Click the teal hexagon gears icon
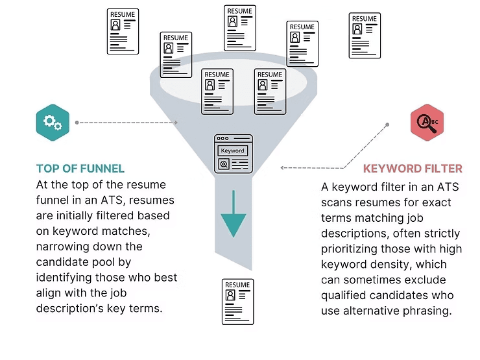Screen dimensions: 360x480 [53, 122]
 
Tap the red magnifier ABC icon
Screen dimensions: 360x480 [427, 122]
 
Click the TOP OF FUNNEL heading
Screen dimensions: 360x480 [80, 168]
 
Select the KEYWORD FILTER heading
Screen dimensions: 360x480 [413, 169]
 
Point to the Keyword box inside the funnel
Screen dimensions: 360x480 [232, 150]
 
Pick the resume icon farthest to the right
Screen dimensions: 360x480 [365, 35]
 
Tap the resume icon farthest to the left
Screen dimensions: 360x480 [123, 30]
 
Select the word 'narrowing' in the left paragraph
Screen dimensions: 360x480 [63, 246]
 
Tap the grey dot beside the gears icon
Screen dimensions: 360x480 [77, 122]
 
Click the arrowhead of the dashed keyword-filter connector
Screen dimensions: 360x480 [282, 167]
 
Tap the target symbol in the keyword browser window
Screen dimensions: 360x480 [223, 164]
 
